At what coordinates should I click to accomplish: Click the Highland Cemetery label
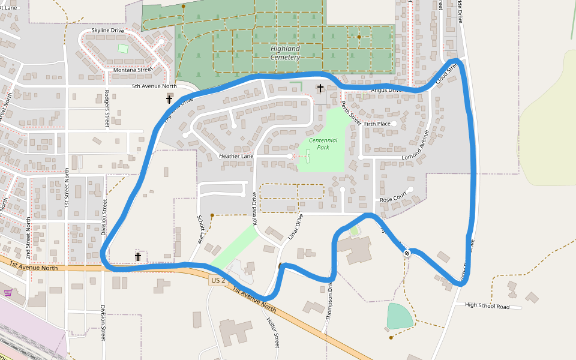[x=284, y=53]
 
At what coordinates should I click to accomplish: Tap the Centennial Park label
[x=323, y=143]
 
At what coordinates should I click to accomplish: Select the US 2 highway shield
[x=218, y=280]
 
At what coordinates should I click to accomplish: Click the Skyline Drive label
[x=108, y=31]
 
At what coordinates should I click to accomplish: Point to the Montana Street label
[x=133, y=70]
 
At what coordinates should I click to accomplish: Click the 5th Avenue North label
[x=154, y=86]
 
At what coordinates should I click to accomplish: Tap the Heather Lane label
[x=236, y=156]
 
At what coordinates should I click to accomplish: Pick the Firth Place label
[x=377, y=124]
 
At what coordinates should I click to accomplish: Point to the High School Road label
[x=487, y=307]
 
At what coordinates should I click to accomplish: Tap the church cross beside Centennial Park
[x=320, y=89]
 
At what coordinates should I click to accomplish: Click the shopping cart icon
[x=8, y=293]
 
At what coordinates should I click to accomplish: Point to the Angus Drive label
[x=386, y=90]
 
